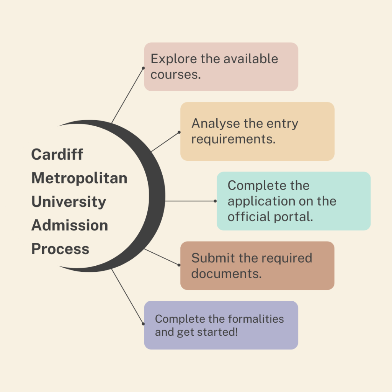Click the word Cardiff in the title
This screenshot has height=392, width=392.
point(57,155)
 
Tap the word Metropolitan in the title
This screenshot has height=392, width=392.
point(79,178)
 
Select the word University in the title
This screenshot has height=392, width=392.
point(69,202)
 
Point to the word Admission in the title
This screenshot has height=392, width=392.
point(70,225)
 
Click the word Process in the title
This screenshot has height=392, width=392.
point(60,249)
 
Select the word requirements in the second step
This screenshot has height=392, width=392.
point(234,139)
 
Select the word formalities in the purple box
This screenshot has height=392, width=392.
point(256,319)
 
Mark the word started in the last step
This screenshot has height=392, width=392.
point(219,332)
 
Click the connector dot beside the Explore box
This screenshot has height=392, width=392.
point(143,68)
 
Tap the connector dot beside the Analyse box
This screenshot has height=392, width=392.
point(179,132)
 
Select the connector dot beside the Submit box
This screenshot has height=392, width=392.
point(179,265)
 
